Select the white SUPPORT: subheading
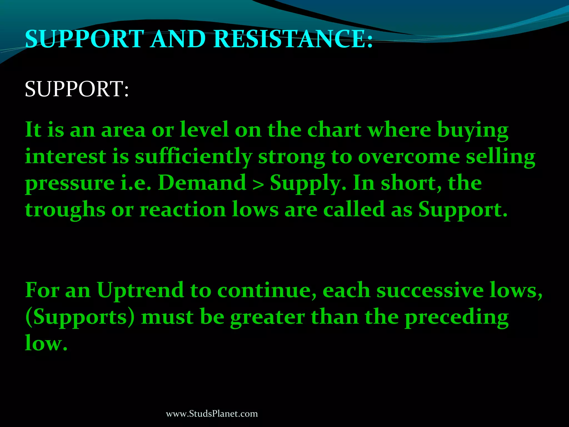click(x=77, y=89)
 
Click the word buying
click(x=473, y=130)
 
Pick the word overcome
click(x=409, y=157)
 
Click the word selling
click(x=500, y=157)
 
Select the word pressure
click(x=70, y=183)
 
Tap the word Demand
click(x=202, y=183)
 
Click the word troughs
click(x=65, y=210)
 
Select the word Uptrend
click(x=140, y=290)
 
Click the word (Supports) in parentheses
click(x=80, y=317)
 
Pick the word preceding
click(x=456, y=317)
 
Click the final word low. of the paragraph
click(x=46, y=343)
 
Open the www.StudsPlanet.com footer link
click(x=212, y=414)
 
